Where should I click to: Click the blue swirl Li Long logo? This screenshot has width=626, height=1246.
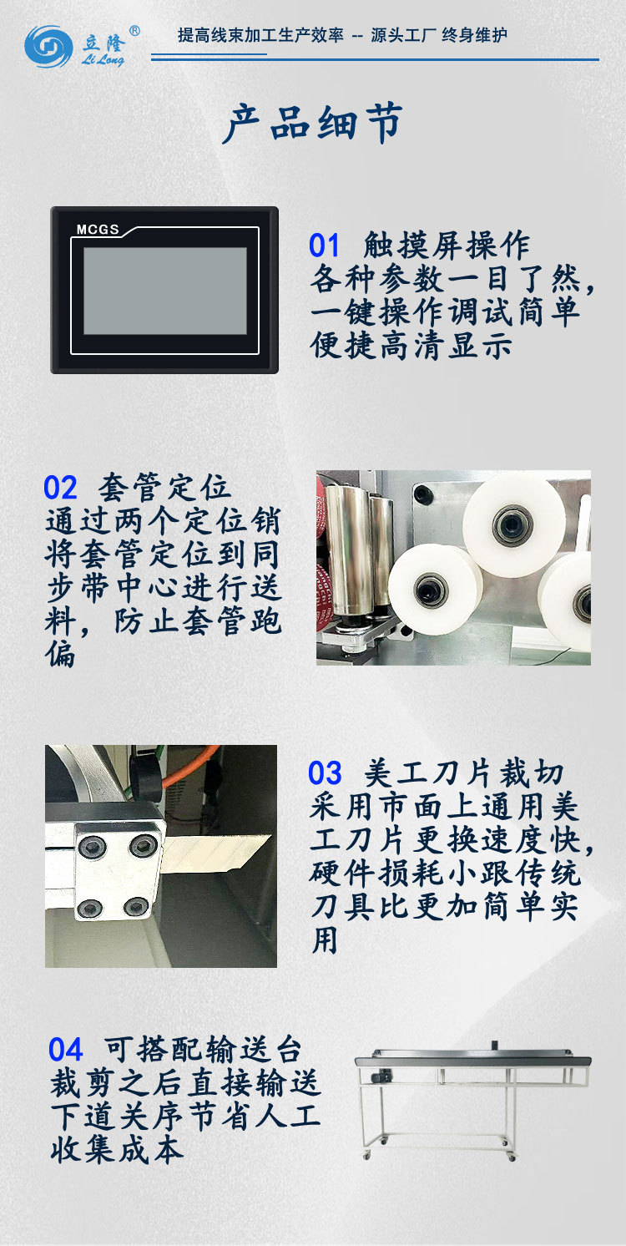point(48,46)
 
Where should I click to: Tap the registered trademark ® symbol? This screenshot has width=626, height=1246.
point(134,31)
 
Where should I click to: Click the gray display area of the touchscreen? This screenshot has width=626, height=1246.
point(164,291)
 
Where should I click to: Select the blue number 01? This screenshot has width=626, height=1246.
point(325,246)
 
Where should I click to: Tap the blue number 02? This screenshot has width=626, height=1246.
point(60,488)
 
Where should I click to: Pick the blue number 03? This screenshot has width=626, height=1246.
point(325,773)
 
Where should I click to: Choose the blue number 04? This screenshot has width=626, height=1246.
point(66,1049)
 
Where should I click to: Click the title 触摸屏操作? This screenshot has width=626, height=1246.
point(447,246)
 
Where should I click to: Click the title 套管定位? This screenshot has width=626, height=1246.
point(164,488)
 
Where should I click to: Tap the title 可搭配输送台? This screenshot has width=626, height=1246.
point(203,1049)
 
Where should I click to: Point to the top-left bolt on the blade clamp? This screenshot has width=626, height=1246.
point(91,848)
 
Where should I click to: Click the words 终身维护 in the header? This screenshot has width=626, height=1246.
point(474,35)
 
